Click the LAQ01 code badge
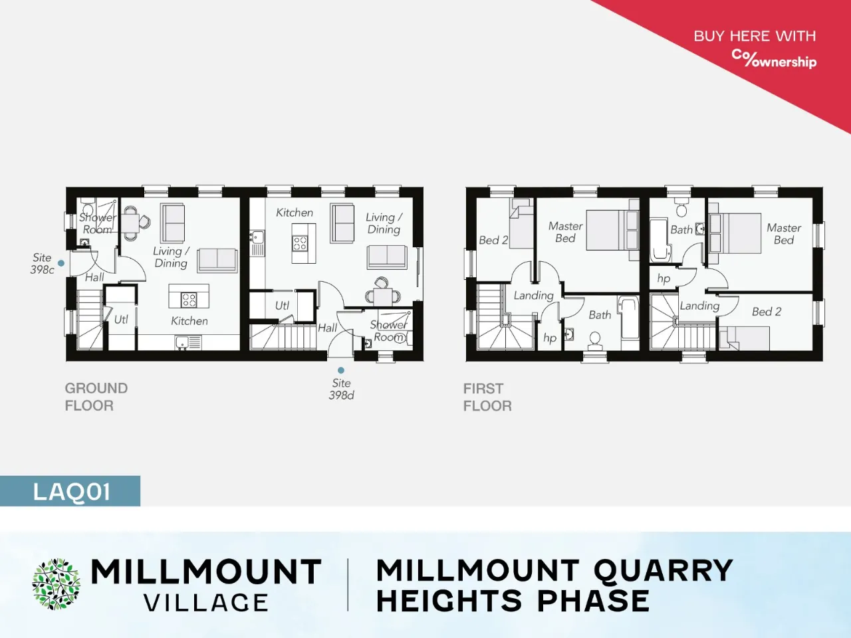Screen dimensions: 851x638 [70, 491]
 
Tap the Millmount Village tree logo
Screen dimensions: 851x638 [56, 584]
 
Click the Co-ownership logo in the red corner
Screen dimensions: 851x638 [774, 59]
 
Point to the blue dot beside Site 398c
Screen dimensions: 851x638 [61, 263]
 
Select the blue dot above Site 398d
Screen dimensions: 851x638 [341, 370]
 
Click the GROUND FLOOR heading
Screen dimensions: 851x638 [96, 397]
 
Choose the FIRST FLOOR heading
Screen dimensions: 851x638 [487, 397]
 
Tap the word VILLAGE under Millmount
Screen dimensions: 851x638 [206, 603]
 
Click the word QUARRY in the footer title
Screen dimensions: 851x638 [663, 570]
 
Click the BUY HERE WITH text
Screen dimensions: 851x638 [755, 36]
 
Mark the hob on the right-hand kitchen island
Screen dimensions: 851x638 [300, 244]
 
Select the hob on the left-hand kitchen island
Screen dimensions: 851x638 [189, 299]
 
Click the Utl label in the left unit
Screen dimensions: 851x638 [121, 320]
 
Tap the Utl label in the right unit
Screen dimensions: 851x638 [282, 306]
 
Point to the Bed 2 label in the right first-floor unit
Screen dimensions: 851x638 [767, 312]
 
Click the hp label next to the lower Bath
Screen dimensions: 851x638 [550, 338]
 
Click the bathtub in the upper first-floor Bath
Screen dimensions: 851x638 [660, 241]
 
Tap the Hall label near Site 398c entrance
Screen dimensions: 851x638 [94, 277]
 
